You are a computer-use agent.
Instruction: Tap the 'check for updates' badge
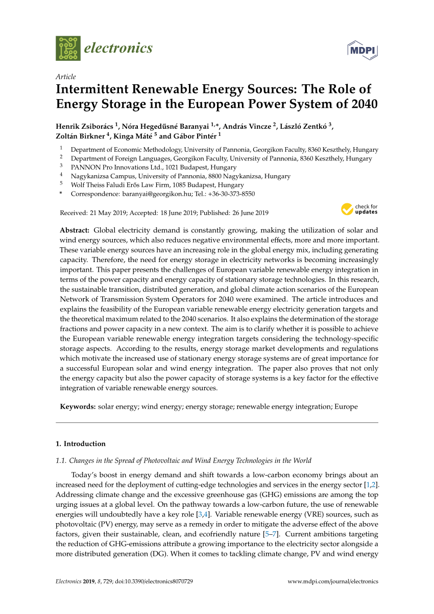click(359, 209)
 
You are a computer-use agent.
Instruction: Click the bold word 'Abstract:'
click(75, 230)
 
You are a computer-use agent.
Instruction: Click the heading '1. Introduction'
click(81, 443)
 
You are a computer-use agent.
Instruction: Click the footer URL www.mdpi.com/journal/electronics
click(333, 581)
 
